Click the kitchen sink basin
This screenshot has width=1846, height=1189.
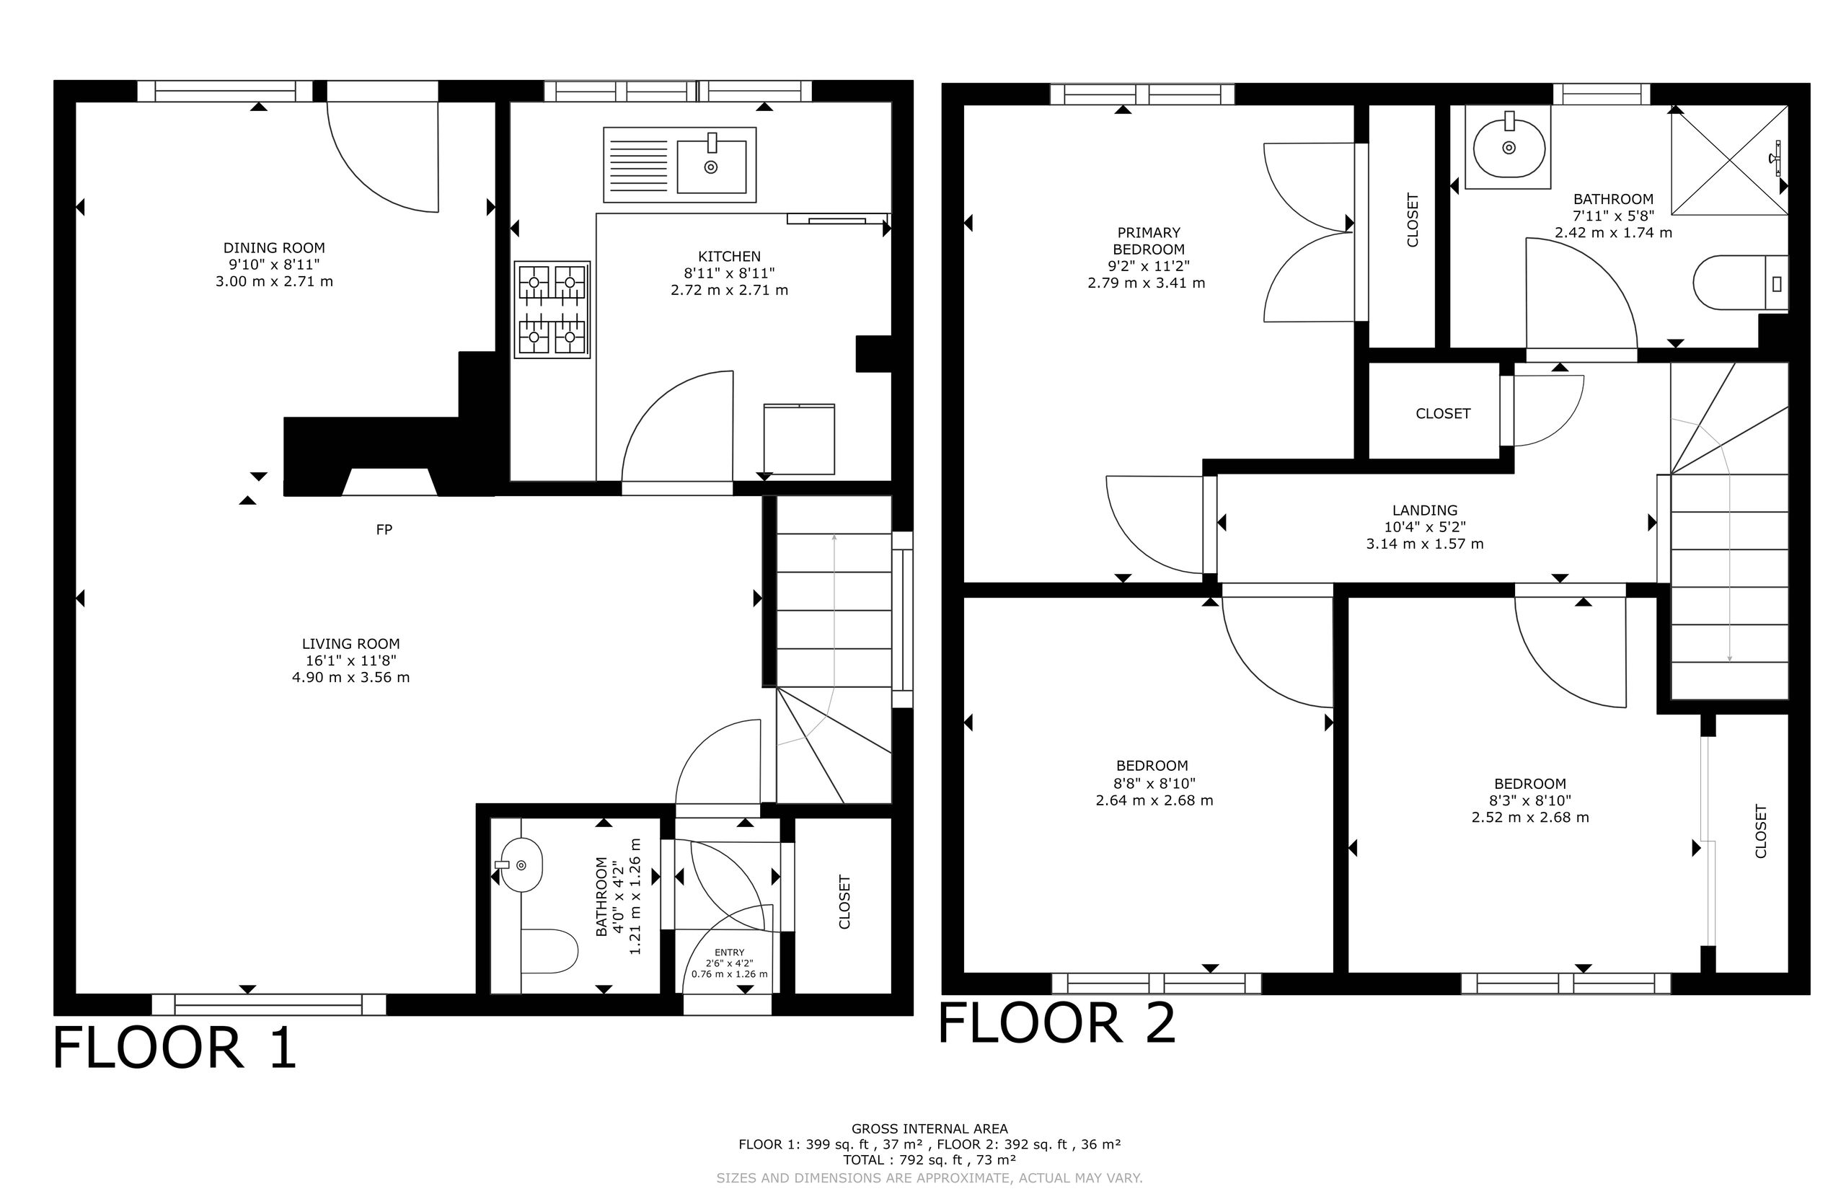point(711,166)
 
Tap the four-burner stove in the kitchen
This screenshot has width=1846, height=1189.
point(553,309)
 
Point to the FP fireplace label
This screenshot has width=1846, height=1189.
point(384,530)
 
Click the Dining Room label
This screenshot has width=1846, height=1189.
point(274,248)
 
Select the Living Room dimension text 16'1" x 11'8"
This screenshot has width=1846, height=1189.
point(351,661)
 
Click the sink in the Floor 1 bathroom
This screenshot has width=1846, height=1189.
point(518,865)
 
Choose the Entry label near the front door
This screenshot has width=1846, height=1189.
point(730,952)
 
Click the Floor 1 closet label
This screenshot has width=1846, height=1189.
point(844,902)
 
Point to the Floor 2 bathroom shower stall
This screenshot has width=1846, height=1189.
point(1729,160)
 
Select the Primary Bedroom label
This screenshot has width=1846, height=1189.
point(1149,241)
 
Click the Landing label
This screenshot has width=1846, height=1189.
point(1425,510)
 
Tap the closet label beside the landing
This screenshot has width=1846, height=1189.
point(1443,414)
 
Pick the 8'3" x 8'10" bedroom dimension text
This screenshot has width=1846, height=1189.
point(1530,800)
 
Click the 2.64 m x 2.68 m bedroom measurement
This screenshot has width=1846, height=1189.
point(1154,800)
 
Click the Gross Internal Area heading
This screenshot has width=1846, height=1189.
point(929,1128)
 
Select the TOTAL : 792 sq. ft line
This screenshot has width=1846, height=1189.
point(929,1160)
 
